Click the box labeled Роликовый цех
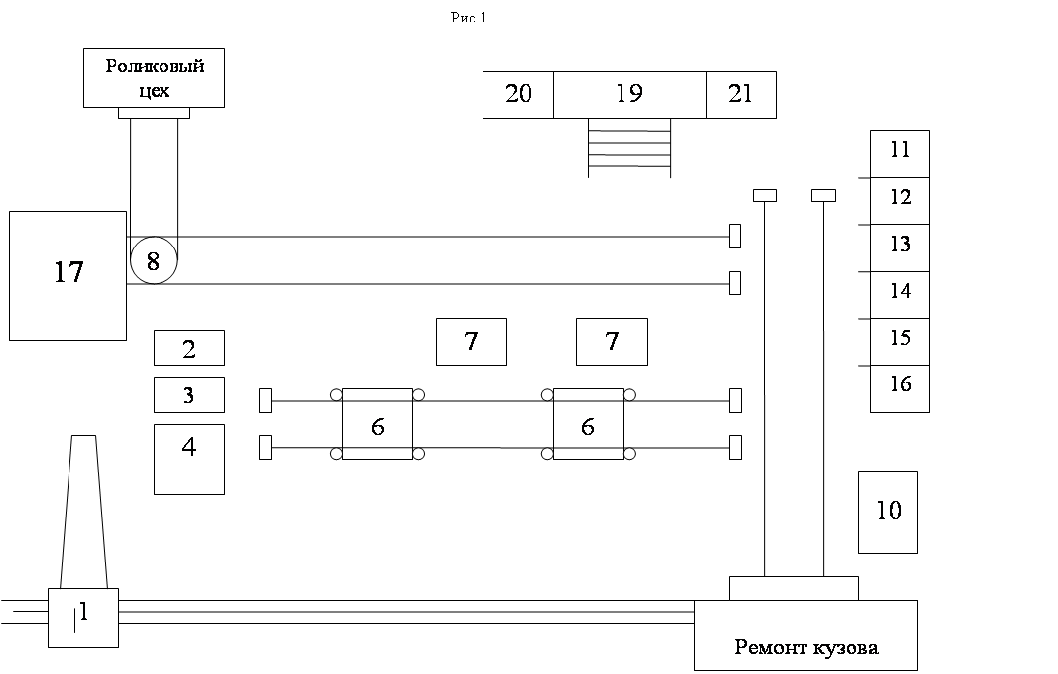pos(154,77)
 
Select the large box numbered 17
pos(68,276)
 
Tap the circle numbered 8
pos(153,260)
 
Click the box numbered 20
pos(518,95)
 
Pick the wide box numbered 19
pos(629,95)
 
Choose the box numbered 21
pos(741,95)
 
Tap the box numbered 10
pos(888,512)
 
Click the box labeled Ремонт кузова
pos(805,636)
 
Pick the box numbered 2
pos(189,347)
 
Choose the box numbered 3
pos(189,394)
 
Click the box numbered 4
pos(189,459)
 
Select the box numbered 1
pos(83,617)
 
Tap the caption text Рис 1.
pos(470,19)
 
